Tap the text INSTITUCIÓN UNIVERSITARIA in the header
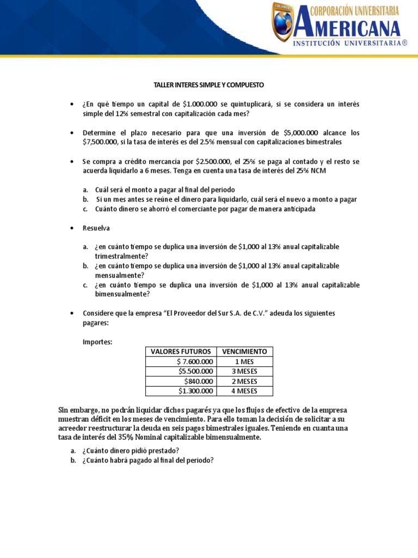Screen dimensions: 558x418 [351, 43]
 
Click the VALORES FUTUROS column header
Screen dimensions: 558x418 [181, 351]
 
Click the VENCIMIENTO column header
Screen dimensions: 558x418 [244, 351]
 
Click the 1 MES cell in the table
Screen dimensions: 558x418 [244, 361]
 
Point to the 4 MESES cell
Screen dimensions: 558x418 [244, 391]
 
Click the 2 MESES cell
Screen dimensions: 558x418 [244, 381]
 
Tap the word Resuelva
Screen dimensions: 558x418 [96, 228]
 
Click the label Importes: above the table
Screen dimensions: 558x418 [97, 342]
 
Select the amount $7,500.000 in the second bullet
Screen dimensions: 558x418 [98, 142]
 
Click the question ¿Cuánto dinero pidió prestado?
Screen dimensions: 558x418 [130, 450]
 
